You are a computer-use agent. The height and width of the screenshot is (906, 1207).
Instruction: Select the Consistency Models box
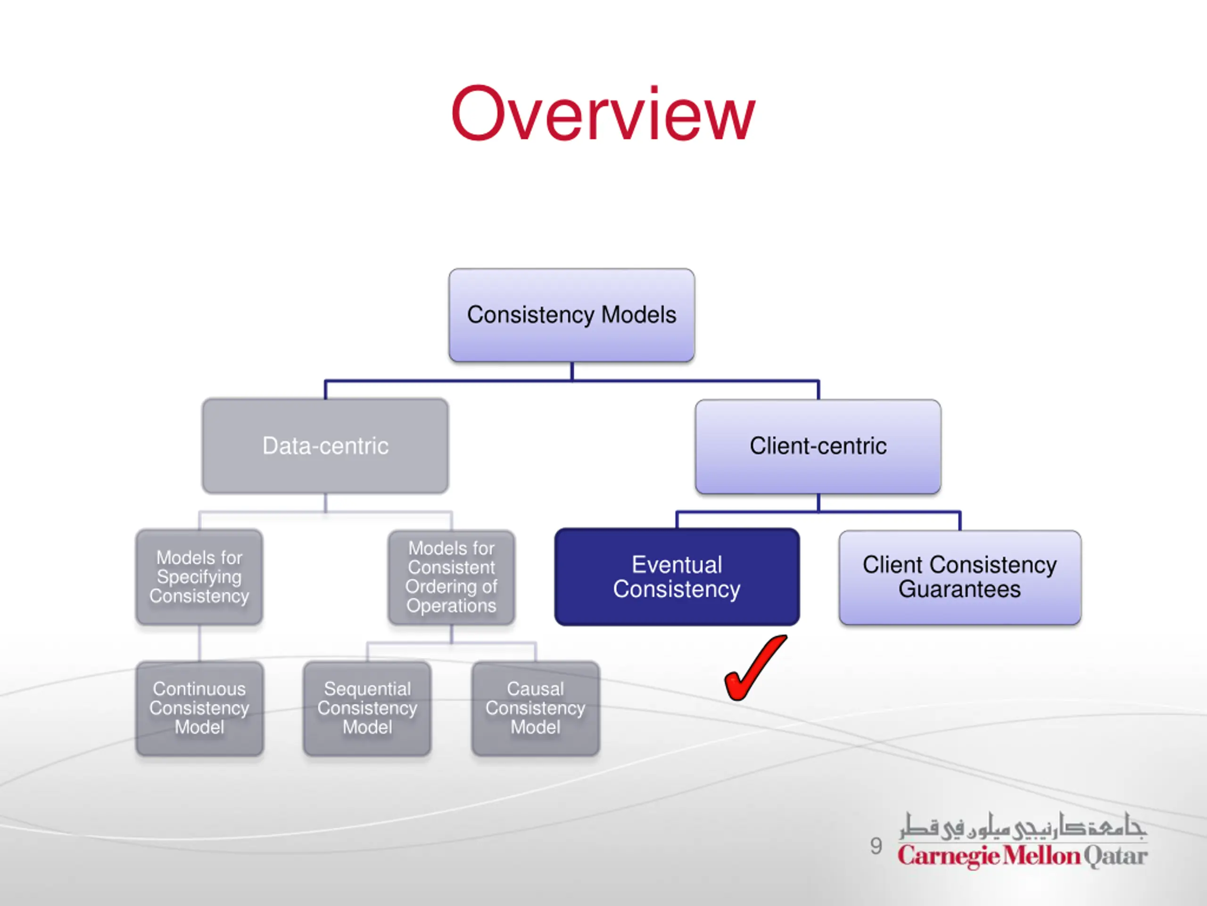click(571, 315)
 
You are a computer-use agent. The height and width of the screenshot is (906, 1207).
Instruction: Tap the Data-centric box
click(325, 445)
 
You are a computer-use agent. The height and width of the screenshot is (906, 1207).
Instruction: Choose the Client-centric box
click(818, 446)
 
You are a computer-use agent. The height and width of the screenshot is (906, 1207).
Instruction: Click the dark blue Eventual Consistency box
click(677, 577)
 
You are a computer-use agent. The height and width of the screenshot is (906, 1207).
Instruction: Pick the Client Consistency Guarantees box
click(960, 577)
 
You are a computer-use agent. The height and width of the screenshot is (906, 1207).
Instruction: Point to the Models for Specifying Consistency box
click(199, 577)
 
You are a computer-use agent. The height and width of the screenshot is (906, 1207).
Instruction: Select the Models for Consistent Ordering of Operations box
click(451, 577)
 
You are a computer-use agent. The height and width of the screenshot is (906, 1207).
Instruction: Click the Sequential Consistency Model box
click(367, 708)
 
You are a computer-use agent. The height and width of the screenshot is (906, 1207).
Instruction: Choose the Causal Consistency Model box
click(535, 708)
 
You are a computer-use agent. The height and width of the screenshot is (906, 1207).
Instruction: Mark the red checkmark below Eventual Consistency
click(756, 667)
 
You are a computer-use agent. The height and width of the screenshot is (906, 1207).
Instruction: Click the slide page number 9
click(876, 846)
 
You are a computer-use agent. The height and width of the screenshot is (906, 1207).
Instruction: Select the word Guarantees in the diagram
click(959, 589)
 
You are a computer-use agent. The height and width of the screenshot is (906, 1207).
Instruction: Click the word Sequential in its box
click(367, 689)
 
